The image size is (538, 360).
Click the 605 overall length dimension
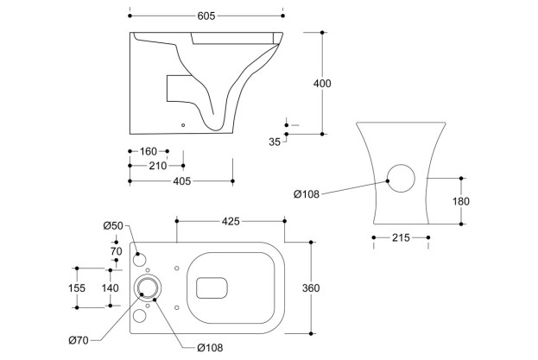(x=206, y=16)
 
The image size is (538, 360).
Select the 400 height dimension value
(x=322, y=84)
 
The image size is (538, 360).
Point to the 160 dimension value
(x=149, y=152)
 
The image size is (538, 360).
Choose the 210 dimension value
(x=156, y=166)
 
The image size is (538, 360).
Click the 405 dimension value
(x=180, y=181)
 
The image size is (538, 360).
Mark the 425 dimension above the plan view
(x=230, y=222)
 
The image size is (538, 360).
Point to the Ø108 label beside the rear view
(x=307, y=194)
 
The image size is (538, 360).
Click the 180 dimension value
(x=461, y=201)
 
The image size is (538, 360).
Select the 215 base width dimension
(x=401, y=237)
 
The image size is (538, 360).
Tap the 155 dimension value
(x=77, y=287)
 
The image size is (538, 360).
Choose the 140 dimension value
(x=111, y=287)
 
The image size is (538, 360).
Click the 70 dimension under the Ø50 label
(x=116, y=251)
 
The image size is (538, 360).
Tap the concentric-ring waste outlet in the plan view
(x=149, y=288)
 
